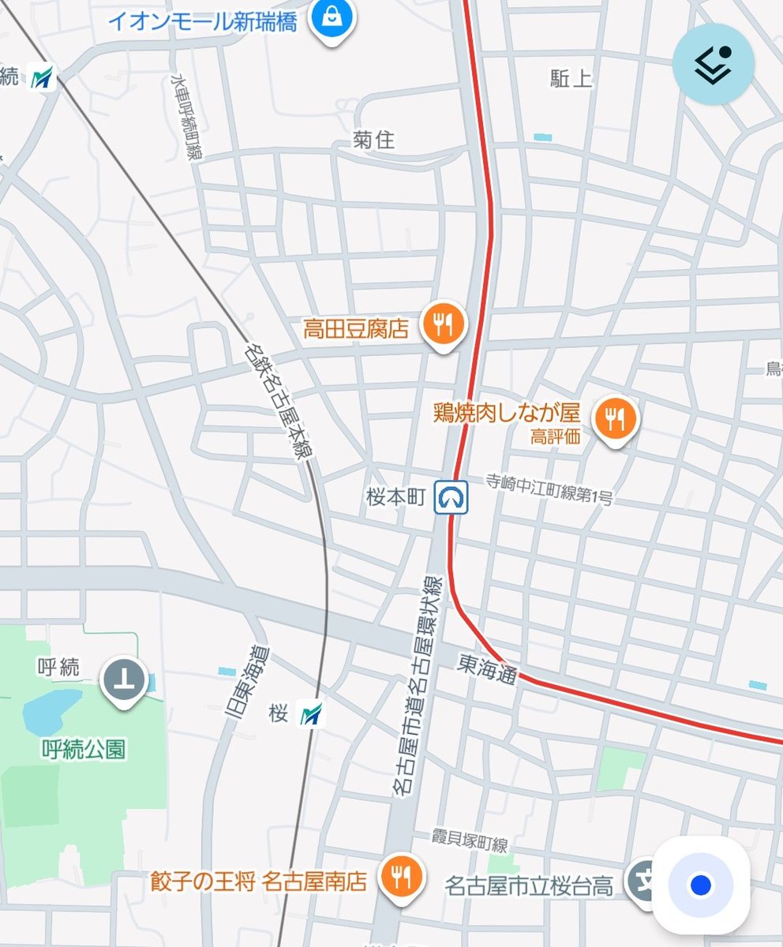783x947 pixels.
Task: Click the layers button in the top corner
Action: coord(713,65)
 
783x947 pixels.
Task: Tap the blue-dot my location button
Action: coord(700,885)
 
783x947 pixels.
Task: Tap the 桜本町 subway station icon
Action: coord(451,497)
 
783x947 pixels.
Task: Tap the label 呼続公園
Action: coord(84,748)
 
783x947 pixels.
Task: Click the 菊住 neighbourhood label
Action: coord(373,140)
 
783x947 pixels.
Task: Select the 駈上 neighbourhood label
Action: coord(571,78)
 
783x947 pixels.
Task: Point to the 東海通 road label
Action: coord(487,672)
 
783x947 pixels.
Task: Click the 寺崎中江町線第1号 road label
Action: coord(548,489)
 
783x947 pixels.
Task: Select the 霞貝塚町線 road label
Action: coord(470,843)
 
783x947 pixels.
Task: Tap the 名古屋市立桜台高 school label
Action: coord(529,885)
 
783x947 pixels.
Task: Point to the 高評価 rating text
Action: coord(556,436)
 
